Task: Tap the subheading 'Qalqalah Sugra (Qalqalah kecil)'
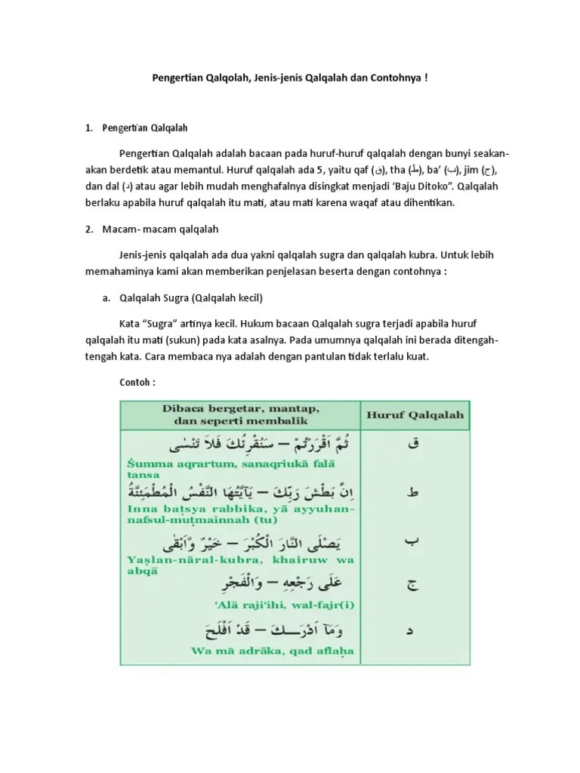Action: coord(192,297)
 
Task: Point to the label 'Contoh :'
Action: coord(137,382)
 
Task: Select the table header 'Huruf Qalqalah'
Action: coord(415,414)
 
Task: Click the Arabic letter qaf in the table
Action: coord(413,445)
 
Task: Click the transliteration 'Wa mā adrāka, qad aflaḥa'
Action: coord(241,651)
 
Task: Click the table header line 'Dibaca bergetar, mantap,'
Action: coord(237,408)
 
